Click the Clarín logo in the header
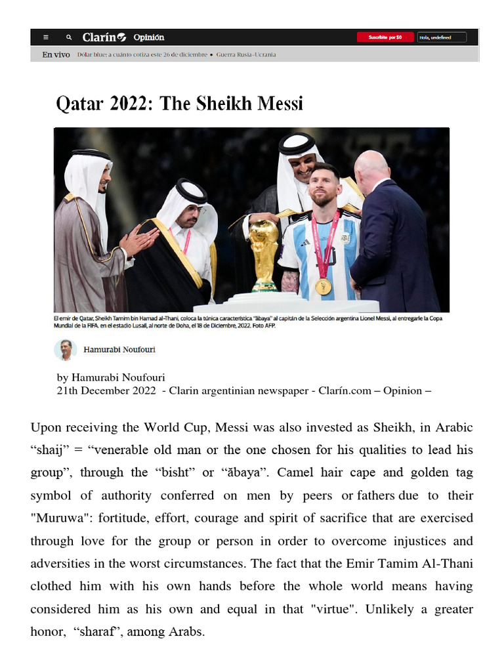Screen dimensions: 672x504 click(104, 37)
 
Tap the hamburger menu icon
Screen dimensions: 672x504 click(46, 37)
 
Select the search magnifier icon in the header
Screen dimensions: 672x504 click(69, 37)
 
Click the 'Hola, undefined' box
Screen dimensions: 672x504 click(442, 37)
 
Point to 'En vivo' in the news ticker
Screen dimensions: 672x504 click(56, 54)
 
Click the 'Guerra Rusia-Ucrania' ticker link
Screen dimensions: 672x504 click(246, 54)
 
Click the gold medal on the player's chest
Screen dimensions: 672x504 click(323, 286)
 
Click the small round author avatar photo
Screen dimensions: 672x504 click(66, 350)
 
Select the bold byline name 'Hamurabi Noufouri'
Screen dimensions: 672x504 click(119, 350)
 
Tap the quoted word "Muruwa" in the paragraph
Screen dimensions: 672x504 click(58, 518)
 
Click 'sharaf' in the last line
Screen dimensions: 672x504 click(98, 633)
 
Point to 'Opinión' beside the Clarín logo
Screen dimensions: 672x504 click(149, 37)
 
